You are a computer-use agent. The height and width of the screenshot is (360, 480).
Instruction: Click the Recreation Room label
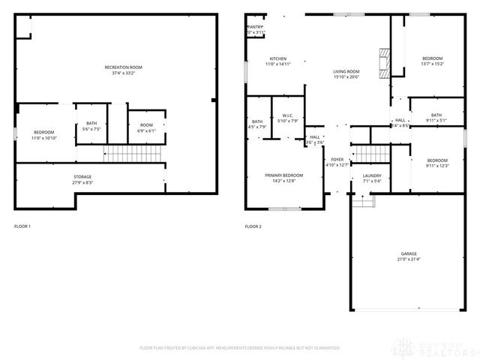pyautogui.click(x=124, y=70)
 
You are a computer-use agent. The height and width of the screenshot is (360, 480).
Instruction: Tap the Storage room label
pyautogui.click(x=82, y=179)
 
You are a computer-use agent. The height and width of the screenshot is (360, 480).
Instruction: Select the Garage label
pyautogui.click(x=408, y=256)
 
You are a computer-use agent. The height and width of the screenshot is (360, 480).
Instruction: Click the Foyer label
pyautogui.click(x=337, y=162)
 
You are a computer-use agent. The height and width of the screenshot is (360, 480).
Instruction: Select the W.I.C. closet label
pyautogui.click(x=287, y=118)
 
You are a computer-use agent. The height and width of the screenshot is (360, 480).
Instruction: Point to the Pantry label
pyautogui.click(x=256, y=29)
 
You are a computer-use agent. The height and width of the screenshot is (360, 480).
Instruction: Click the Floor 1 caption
pyautogui.click(x=23, y=226)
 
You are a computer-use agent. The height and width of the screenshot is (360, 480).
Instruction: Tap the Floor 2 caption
pyautogui.click(x=253, y=226)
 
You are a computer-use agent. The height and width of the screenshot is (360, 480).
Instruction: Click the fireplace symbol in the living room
pyautogui.click(x=385, y=63)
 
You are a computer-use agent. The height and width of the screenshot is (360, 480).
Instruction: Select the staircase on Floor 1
pyautogui.click(x=118, y=154)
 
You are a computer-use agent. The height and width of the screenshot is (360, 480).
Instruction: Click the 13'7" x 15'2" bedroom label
pyautogui.click(x=432, y=61)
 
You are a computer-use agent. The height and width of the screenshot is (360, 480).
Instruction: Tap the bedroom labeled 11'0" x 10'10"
pyautogui.click(x=44, y=135)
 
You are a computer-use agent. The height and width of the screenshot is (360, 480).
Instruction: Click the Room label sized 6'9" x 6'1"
pyautogui.click(x=145, y=127)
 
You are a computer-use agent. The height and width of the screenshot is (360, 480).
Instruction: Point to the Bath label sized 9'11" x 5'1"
pyautogui.click(x=436, y=118)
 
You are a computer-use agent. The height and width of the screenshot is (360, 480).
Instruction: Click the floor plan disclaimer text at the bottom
pyautogui.click(x=240, y=348)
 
